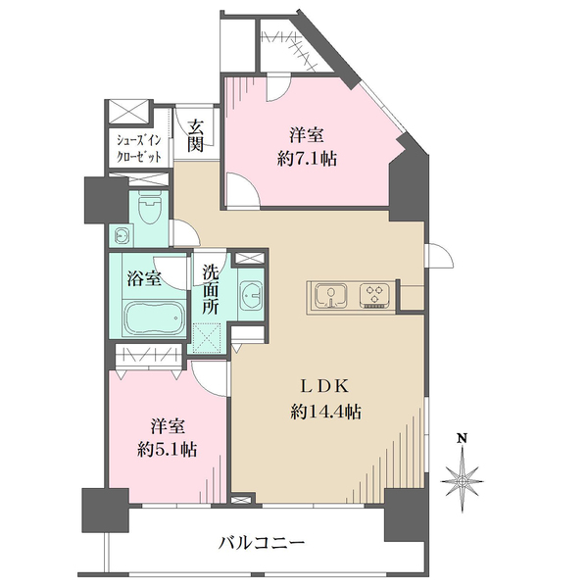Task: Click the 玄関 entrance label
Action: (196, 135)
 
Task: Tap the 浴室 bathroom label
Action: (144, 277)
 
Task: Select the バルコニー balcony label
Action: (262, 542)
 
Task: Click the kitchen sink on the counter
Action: (329, 295)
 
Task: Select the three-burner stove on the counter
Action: (375, 295)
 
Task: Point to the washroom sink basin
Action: (250, 295)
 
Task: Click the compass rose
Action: (463, 481)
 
